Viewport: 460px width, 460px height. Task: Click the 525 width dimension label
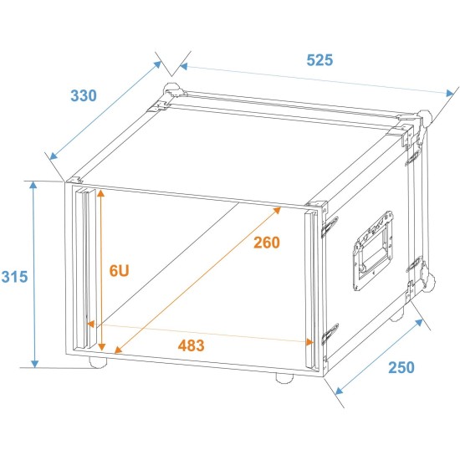click(319, 60)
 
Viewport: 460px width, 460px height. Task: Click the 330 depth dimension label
click(83, 96)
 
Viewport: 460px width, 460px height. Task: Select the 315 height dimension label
click(14, 277)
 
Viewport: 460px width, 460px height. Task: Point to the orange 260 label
click(265, 243)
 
